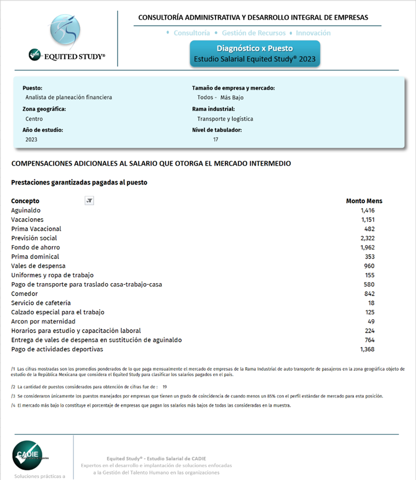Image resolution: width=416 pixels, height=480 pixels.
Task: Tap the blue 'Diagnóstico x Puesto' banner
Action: click(255, 54)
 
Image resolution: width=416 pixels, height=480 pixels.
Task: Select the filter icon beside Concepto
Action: click(89, 201)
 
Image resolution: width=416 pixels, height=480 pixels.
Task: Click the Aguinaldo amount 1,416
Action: click(367, 210)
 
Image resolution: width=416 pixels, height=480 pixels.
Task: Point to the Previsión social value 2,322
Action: click(367, 238)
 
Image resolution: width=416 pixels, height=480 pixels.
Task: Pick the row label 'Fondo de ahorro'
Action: click(36, 247)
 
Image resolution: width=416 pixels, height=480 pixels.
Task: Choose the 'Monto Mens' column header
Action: click(364, 201)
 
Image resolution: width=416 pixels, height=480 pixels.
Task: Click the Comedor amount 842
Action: click(369, 294)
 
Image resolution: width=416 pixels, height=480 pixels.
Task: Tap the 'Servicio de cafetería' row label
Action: click(41, 303)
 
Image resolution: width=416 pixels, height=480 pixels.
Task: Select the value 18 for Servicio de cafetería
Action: click(371, 303)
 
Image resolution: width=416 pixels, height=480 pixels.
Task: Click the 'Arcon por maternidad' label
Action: click(44, 321)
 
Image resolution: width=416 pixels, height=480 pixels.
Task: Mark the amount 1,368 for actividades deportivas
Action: click(367, 349)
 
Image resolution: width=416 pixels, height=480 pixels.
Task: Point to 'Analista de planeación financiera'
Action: click(69, 97)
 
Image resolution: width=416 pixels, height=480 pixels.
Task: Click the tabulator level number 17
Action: click(215, 139)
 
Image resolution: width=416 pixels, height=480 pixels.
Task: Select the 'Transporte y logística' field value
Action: click(225, 119)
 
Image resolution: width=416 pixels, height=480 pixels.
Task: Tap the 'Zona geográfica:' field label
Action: click(44, 109)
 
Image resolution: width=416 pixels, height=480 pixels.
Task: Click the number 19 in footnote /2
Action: click(165, 387)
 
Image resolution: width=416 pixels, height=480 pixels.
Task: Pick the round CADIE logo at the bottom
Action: click(27, 456)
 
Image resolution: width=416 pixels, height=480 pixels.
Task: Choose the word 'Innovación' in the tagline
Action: click(313, 33)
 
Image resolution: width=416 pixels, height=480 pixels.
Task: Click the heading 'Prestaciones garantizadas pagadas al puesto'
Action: click(79, 183)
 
